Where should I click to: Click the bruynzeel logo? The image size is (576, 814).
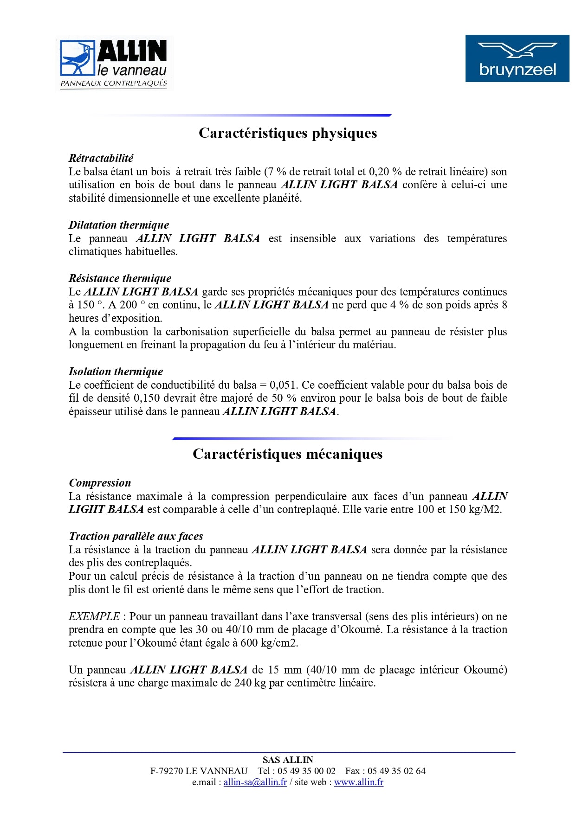(517, 58)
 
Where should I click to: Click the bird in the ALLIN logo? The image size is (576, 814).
(77, 58)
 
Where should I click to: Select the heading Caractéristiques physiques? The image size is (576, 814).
(288, 133)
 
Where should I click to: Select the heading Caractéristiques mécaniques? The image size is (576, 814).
(288, 454)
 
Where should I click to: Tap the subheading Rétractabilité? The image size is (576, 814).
(101, 158)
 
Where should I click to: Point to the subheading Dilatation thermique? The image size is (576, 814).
(119, 225)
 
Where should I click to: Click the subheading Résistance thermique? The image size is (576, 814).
(120, 278)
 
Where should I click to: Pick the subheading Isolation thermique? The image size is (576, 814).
(116, 372)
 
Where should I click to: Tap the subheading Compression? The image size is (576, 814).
(100, 483)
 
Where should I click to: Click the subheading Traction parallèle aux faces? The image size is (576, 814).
(136, 536)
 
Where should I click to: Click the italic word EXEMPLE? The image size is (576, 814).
(94, 616)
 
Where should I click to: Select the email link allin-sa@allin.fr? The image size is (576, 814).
(255, 782)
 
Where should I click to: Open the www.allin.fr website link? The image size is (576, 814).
(359, 782)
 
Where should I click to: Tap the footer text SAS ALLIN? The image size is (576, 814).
(288, 760)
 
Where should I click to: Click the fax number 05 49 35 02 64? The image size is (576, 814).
(396, 771)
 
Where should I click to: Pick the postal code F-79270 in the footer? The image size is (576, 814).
(166, 771)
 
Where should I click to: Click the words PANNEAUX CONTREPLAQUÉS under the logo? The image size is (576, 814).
(114, 83)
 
